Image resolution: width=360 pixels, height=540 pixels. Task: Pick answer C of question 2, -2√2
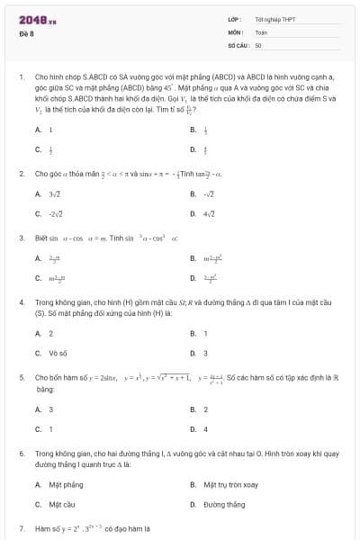click(x=55, y=213)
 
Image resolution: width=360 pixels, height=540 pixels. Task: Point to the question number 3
click(x=21, y=238)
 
